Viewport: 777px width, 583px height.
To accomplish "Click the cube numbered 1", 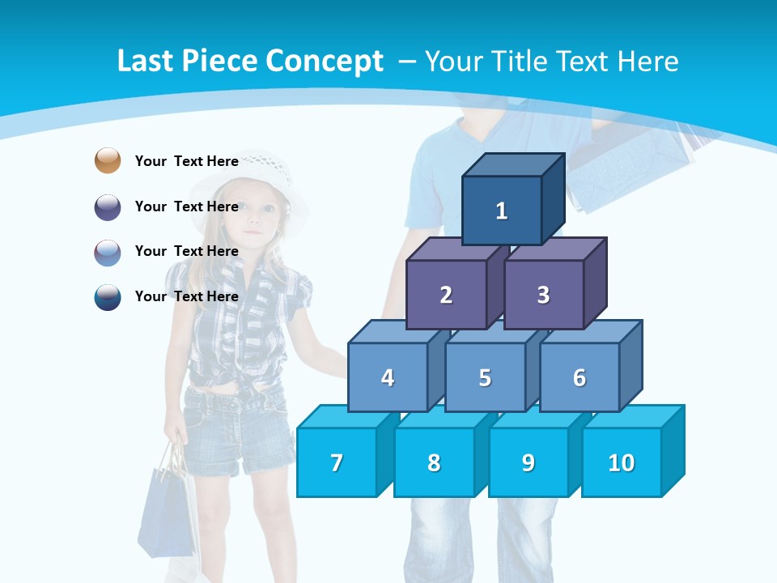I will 502,211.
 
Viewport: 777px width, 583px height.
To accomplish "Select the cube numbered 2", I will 446,295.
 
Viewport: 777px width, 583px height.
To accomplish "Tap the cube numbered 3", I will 543,295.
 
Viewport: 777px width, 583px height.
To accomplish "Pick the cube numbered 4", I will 388,377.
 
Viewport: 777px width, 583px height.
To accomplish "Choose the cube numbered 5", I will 485,377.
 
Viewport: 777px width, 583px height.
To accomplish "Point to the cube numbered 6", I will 580,377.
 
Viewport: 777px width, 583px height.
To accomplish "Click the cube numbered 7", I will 337,462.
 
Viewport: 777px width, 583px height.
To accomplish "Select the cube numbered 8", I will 434,462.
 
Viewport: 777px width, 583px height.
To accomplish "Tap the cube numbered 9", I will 528,462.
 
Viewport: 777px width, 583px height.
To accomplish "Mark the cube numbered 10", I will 622,462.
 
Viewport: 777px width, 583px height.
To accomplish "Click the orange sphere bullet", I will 108,160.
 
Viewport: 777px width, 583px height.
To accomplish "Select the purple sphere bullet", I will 108,206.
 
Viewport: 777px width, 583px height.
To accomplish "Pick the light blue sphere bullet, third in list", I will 108,252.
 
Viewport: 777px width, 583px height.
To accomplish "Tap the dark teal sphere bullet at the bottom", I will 108,296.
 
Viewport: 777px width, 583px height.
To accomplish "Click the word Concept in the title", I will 325,61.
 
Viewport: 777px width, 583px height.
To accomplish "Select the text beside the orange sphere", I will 186,161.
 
